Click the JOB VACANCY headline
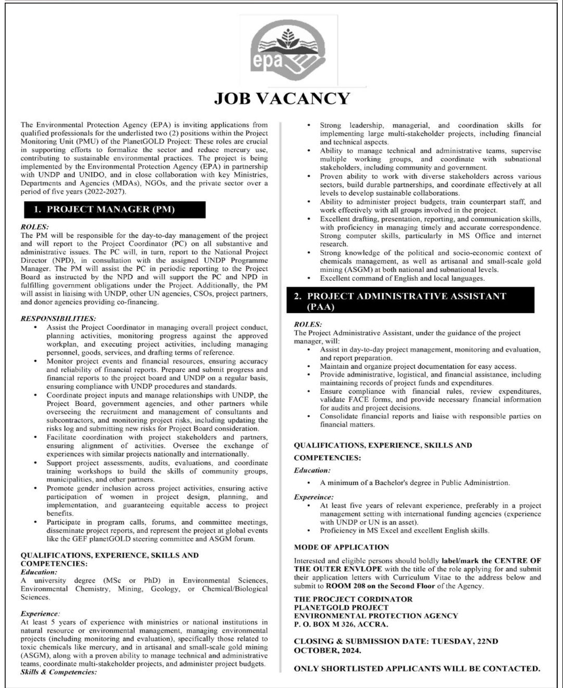pyautogui.click(x=282, y=98)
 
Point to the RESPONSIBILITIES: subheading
pyautogui.click(x=58, y=318)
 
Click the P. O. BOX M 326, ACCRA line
pyautogui.click(x=341, y=624)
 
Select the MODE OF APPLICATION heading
pyautogui.click(x=341, y=547)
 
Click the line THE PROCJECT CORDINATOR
pyautogui.click(x=353, y=599)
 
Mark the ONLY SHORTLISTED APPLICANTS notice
pyautogui.click(x=417, y=668)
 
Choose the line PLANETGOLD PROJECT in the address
pyautogui.click(x=341, y=608)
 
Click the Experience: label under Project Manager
pyautogui.click(x=40, y=614)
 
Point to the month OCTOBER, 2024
pyautogui.click(x=327, y=651)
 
